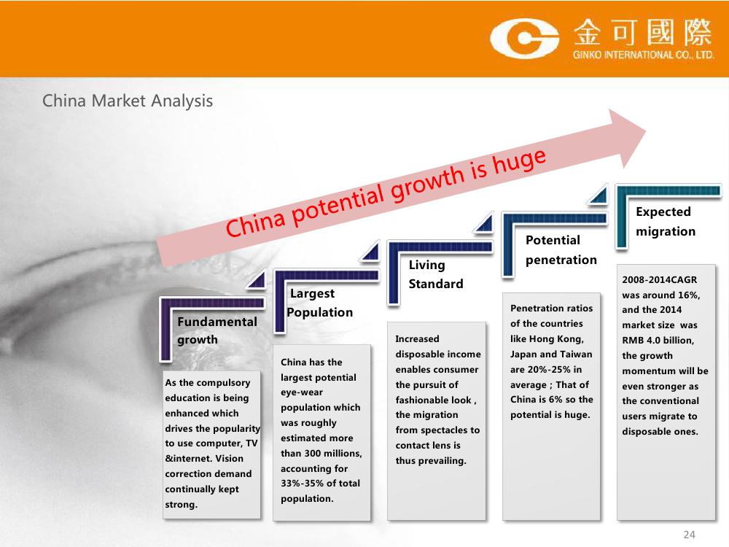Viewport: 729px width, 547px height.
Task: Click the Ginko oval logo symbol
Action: point(524,38)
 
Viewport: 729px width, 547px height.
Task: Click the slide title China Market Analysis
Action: point(128,101)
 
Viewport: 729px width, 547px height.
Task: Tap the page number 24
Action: point(689,535)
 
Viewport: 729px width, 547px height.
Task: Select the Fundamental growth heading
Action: point(217,330)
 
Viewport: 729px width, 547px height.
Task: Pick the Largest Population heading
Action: point(319,303)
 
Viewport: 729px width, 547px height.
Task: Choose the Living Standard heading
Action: point(436,274)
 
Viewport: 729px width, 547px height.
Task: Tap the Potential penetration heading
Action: point(561,249)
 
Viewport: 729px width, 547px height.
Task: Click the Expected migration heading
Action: point(666,222)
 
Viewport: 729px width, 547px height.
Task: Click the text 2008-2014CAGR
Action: point(659,279)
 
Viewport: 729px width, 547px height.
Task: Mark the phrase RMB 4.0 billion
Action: point(658,341)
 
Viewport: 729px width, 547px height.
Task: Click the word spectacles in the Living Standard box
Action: point(443,430)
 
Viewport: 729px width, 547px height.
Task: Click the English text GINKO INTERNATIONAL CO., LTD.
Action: point(644,55)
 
